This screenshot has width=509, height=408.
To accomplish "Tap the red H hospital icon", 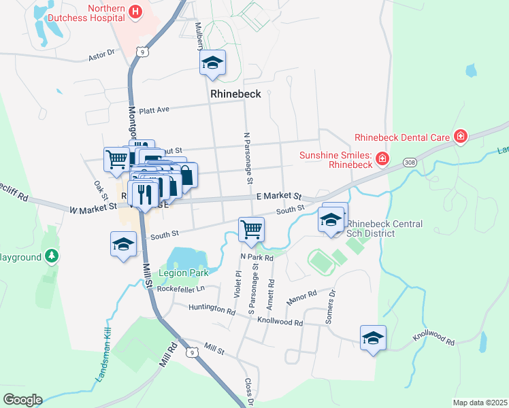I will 135,12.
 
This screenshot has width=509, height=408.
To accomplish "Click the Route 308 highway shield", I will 409,163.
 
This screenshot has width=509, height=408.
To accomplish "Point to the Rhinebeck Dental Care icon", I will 461,137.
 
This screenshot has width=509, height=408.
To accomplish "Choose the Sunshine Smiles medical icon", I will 382,159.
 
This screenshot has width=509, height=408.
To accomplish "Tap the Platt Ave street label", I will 154,109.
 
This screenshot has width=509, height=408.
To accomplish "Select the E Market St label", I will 278,196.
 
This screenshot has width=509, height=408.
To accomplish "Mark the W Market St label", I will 93,210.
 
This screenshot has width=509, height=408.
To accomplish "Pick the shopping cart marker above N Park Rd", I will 251,230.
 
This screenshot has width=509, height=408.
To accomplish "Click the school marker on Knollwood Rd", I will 373,338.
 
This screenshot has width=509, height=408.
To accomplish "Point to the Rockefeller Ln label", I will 180,288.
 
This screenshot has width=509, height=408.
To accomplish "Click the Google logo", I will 22,400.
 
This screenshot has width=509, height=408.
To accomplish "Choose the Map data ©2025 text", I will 479,403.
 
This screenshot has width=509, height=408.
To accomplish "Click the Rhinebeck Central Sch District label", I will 384,229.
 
